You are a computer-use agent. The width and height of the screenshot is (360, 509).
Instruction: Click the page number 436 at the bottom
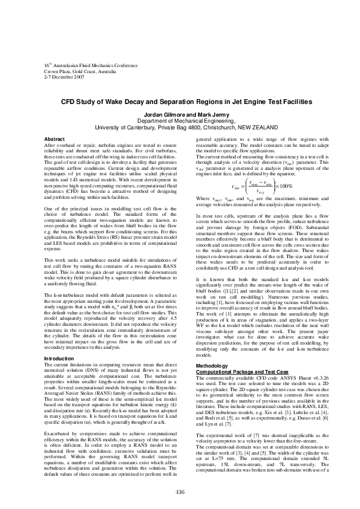(x=180, y=491)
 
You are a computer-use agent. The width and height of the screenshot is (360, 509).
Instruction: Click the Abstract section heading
(x=55, y=140)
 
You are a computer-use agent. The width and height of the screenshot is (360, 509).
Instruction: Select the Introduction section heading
(x=59, y=358)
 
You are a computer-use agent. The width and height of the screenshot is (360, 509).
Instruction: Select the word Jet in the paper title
(x=222, y=103)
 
